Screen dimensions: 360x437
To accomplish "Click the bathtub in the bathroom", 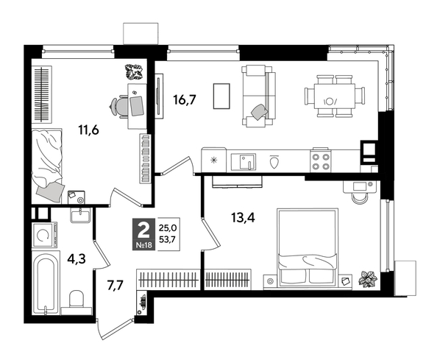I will coord(45,283).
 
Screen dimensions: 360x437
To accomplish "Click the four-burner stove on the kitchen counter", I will coord(321,160).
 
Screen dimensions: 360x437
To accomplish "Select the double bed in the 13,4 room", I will coord(307,247).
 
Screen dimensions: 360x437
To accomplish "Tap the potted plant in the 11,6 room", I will coord(133,72).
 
